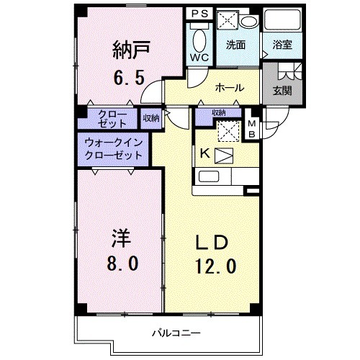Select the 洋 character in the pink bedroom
pos(120,238)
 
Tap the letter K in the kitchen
pos(204,153)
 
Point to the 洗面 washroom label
pos(235,45)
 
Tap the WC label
pos(200,57)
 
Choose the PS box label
pos(199,14)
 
